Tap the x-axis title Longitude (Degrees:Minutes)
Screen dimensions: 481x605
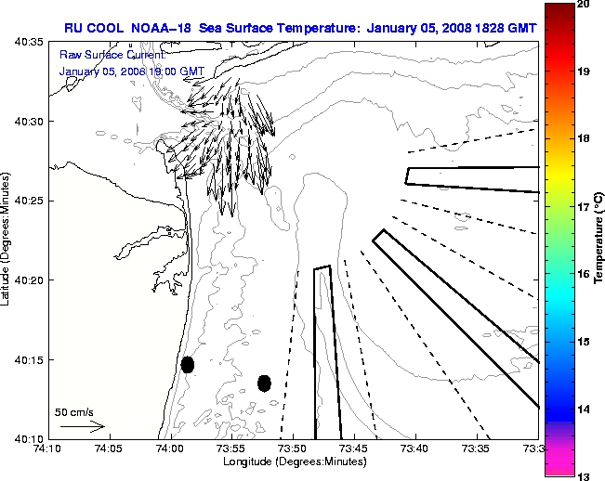point(293,461)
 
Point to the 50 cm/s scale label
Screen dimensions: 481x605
point(73,411)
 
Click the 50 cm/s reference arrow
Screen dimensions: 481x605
point(82,426)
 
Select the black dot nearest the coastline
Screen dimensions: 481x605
point(188,364)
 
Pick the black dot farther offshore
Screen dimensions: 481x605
point(264,383)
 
